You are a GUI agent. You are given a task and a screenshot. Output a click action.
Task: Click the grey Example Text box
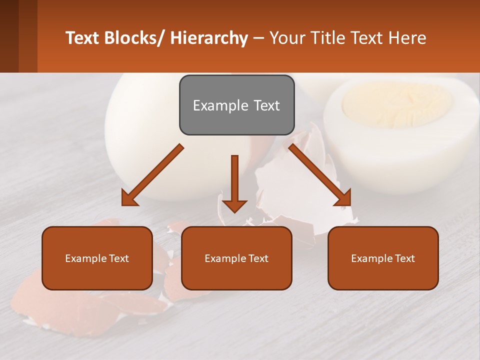tap(236, 105)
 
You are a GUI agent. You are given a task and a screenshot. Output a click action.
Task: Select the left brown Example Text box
tap(97, 258)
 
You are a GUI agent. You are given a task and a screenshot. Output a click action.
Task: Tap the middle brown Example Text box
tap(236, 258)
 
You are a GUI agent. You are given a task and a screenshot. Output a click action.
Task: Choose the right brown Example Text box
tap(383, 258)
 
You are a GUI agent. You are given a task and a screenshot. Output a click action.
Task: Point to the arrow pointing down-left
tap(153, 175)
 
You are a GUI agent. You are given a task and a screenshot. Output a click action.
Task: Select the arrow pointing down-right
tap(320, 175)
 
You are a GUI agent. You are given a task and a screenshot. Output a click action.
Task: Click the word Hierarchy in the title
tap(208, 38)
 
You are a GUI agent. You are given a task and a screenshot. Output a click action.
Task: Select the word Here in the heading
tap(407, 38)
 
